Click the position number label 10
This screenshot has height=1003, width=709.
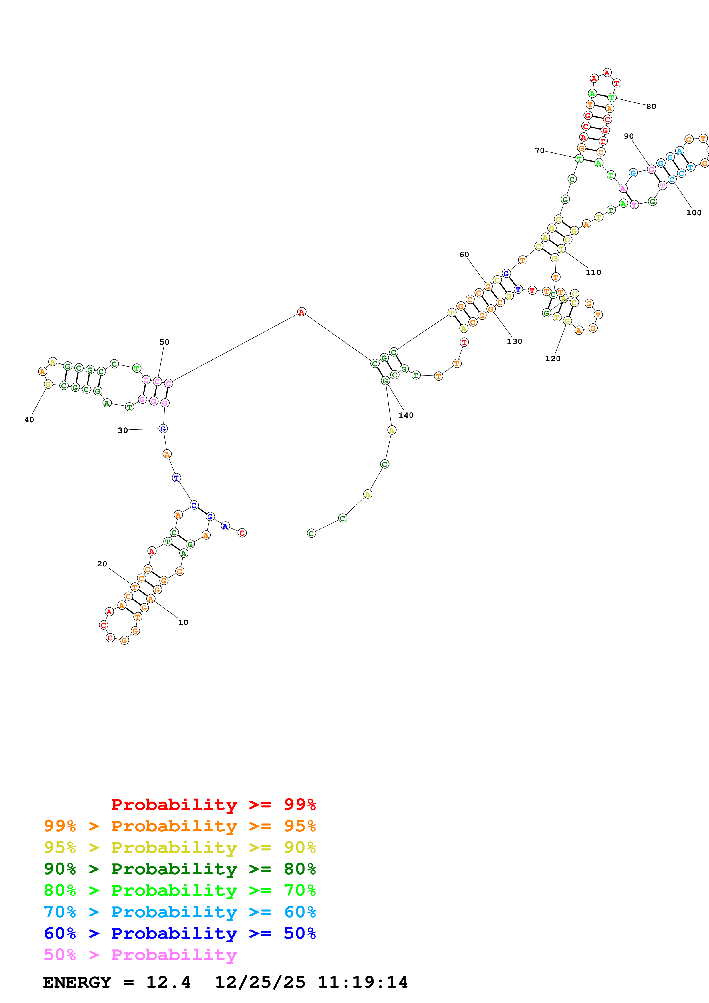(183, 622)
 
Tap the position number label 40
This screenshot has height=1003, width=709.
(29, 420)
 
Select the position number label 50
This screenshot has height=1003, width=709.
(164, 342)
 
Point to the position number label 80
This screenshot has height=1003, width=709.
(651, 107)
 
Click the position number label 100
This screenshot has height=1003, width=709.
(694, 213)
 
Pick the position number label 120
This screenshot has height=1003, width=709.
(553, 359)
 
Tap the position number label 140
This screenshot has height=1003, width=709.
(406, 415)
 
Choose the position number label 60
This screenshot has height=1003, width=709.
(464, 255)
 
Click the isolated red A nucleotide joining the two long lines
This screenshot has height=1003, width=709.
(301, 312)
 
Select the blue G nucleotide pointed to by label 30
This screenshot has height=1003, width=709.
(163, 429)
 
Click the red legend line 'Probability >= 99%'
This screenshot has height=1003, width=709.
(213, 804)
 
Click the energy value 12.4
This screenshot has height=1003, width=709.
(168, 982)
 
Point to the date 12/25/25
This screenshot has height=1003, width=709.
(260, 982)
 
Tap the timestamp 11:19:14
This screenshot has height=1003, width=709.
(363, 982)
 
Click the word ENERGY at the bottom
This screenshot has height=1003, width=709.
(77, 982)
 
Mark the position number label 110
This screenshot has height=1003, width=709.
(593, 272)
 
